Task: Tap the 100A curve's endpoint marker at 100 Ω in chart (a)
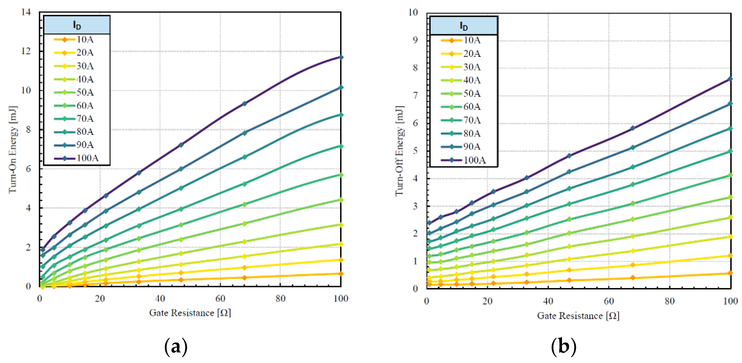click(x=341, y=57)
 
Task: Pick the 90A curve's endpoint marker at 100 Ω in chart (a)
click(x=341, y=87)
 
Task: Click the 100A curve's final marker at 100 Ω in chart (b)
click(x=730, y=79)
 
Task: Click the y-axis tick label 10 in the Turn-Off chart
click(x=413, y=12)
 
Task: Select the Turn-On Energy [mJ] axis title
click(x=13, y=150)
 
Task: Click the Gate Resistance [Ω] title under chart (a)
click(x=190, y=313)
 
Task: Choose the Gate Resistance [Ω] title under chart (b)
click(x=578, y=316)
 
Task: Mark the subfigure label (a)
click(x=176, y=347)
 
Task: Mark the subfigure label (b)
click(x=564, y=347)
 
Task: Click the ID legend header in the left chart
click(x=77, y=25)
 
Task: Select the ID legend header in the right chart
click(x=464, y=26)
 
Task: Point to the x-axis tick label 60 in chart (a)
click(x=220, y=299)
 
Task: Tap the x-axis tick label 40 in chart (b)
click(x=548, y=301)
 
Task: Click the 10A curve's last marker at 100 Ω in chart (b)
click(x=730, y=273)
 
